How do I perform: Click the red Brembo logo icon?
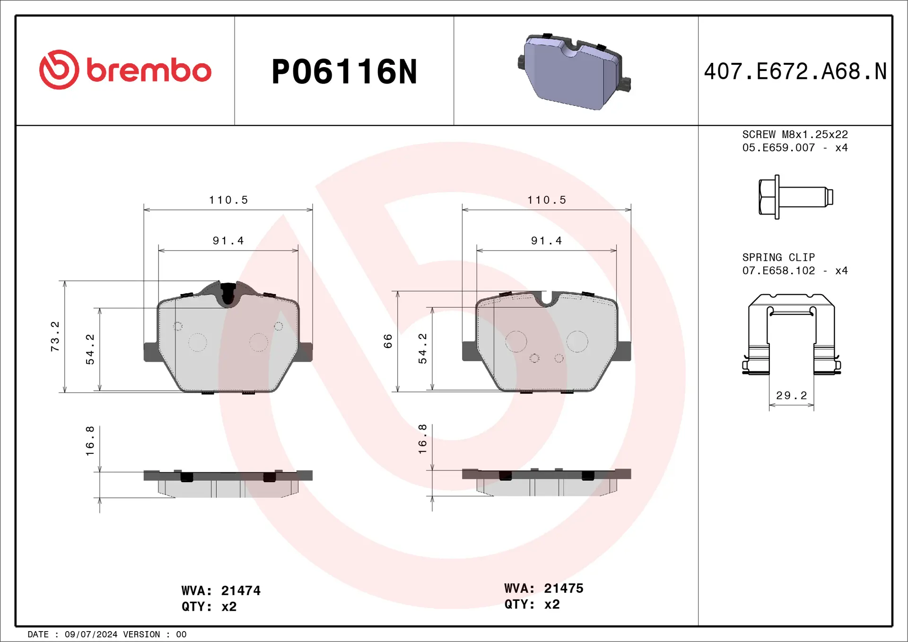59,70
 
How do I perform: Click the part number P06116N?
344,72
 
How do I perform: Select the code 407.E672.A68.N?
795,71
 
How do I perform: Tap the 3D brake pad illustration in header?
574,72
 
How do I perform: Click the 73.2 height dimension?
55,336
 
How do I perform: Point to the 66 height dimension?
388,341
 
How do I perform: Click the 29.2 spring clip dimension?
791,395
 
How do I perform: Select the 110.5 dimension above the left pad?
228,200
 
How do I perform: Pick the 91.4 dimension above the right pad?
546,241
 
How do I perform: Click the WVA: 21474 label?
221,590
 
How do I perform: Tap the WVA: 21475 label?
543,588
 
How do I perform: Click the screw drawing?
795,197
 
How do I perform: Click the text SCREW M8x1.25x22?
794,134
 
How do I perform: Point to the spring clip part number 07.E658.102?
778,270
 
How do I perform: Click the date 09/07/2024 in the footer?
91,634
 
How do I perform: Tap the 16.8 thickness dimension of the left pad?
90,441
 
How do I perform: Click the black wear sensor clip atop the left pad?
228,293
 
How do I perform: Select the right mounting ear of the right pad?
624,351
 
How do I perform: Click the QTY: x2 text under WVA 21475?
532,604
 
